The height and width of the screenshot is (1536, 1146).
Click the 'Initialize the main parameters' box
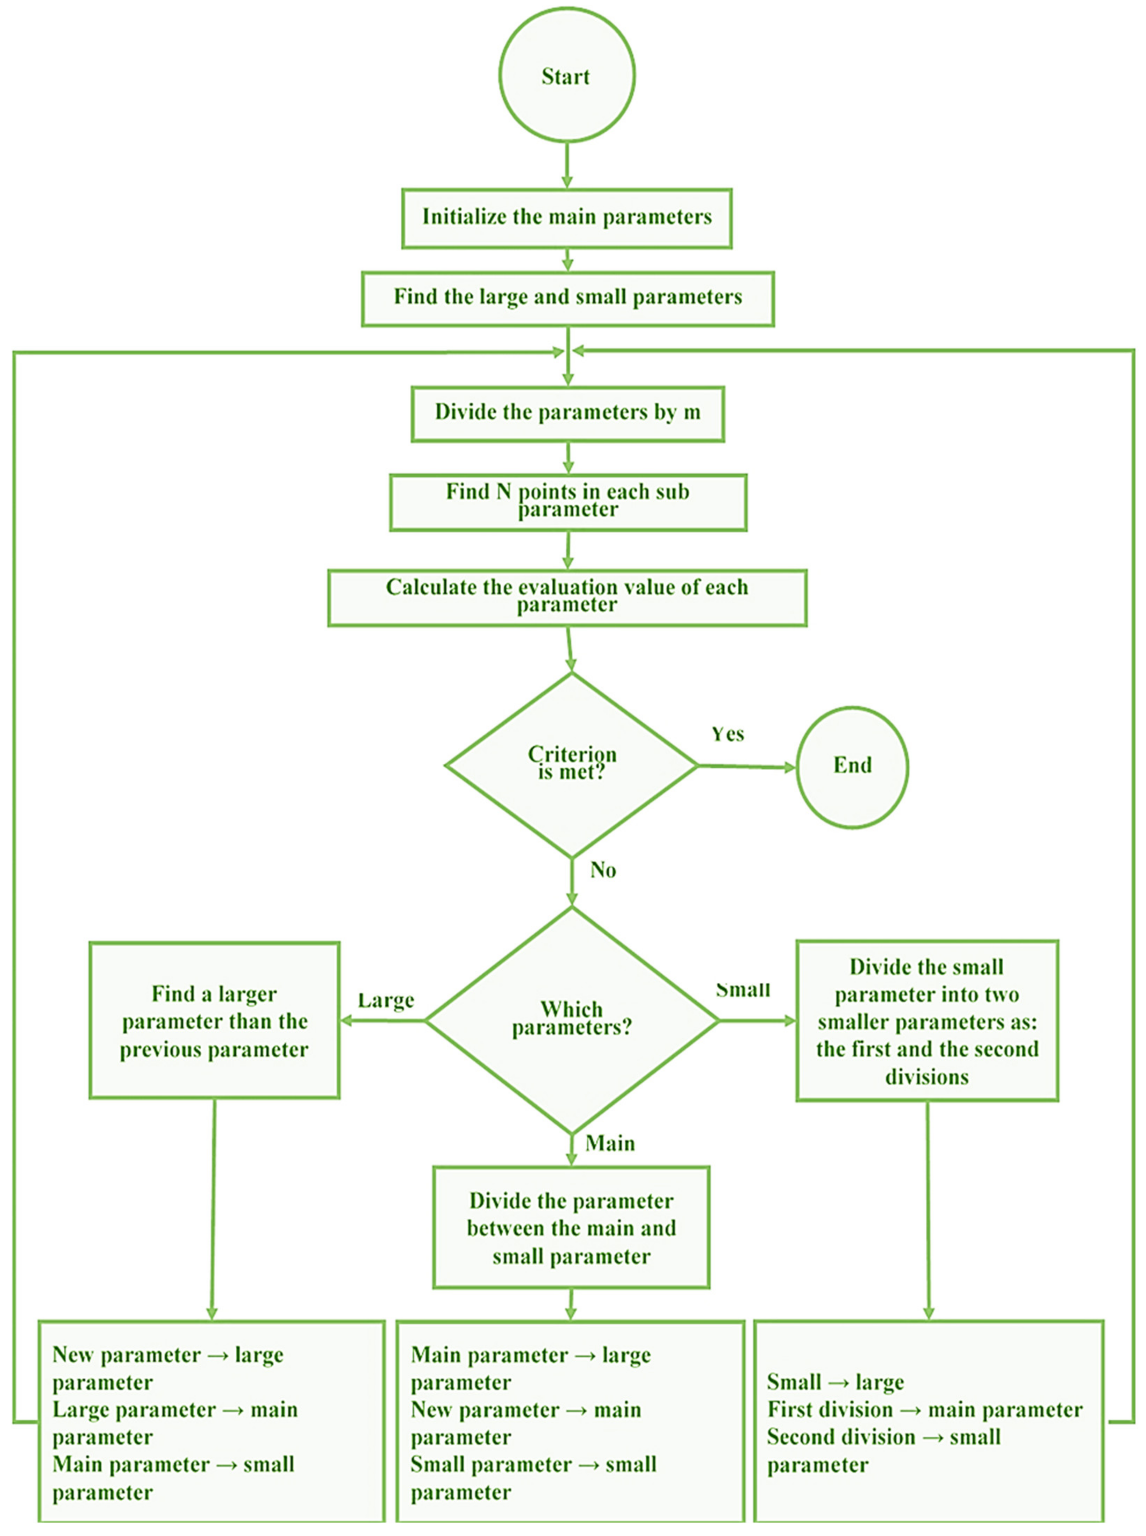pos(567,218)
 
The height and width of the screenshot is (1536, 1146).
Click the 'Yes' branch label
pos(728,734)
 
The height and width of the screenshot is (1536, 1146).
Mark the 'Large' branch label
pos(386,1001)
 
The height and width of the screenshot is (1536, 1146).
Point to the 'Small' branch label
pos(743,990)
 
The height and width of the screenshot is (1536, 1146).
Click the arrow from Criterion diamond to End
pos(747,767)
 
